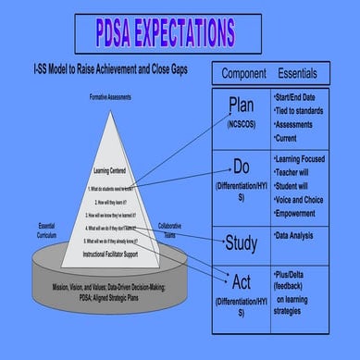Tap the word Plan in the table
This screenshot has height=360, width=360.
point(241,106)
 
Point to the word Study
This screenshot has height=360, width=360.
point(241,243)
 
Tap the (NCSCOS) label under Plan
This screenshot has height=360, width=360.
point(241,123)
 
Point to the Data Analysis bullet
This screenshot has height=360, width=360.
point(301,236)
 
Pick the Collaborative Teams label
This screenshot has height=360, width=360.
point(169,230)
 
